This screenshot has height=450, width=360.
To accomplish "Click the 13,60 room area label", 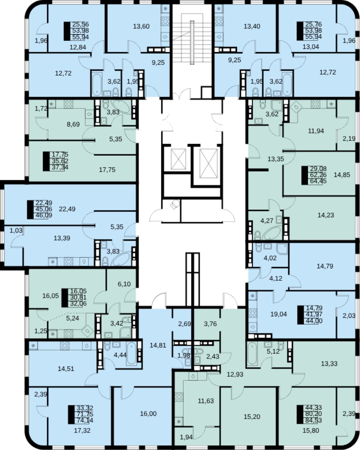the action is click(141, 26).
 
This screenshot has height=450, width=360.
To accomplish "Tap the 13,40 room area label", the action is click(252, 26).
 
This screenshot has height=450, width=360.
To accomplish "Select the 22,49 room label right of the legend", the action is click(67, 209).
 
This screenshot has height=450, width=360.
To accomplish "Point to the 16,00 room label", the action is click(148, 414).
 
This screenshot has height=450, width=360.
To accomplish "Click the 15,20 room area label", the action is click(252, 417).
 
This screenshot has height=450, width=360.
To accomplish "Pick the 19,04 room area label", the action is click(278, 314).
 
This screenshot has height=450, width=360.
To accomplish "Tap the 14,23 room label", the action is click(326, 215).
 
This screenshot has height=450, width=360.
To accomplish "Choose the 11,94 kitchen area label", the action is click(316, 131).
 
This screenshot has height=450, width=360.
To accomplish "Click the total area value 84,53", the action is click(313, 420).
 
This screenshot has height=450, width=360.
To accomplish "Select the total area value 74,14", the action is click(85, 420).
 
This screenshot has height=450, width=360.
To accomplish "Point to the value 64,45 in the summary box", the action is click(318, 181).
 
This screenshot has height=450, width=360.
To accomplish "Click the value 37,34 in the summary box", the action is click(60, 167).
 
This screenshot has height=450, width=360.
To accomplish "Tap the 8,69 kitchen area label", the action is click(73, 124).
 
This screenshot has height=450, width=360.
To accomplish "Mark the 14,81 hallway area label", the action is click(158, 345).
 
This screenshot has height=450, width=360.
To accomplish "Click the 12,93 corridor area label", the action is click(235, 374).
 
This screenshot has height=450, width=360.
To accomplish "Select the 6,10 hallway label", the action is click(124, 284).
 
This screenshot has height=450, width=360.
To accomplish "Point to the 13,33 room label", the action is click(329, 364).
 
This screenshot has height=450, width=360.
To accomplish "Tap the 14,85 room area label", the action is click(342, 175).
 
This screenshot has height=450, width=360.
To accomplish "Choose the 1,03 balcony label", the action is click(16, 231).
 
